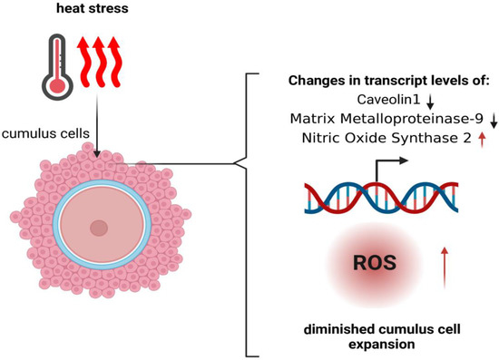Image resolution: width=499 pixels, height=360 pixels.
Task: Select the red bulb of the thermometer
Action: (57, 84)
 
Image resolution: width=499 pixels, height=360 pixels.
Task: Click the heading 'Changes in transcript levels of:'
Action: (388, 82)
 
